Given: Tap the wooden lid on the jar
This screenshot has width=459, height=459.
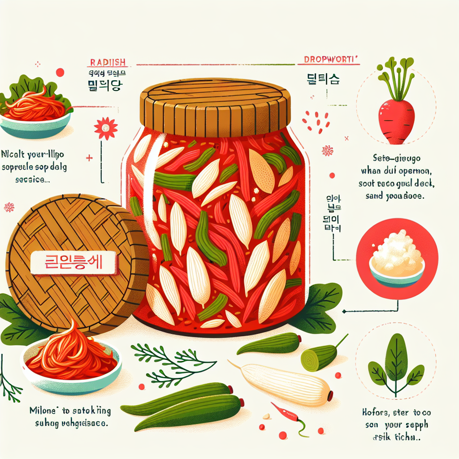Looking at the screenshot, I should click(214, 107).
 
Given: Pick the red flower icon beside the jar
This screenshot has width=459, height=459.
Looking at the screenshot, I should click(106, 129).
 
